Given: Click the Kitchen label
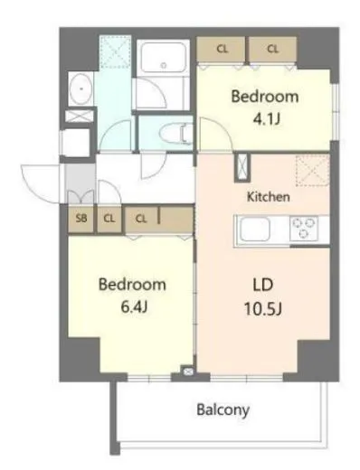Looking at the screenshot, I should click(x=268, y=195).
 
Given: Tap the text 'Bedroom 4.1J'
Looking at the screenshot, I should click(x=265, y=106).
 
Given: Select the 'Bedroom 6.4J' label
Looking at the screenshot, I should click(x=132, y=293).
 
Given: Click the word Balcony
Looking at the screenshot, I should click(x=223, y=409).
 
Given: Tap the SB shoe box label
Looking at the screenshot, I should click(x=81, y=218).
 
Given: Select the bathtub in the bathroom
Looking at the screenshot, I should click(x=163, y=60).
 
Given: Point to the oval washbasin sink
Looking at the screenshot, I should click(x=80, y=90).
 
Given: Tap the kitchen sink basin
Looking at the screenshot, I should click(x=251, y=230).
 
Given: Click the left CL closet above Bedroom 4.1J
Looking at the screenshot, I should click(x=222, y=49).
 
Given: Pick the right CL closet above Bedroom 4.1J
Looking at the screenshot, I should click(x=271, y=49).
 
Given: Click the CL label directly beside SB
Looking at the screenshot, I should click(x=108, y=218).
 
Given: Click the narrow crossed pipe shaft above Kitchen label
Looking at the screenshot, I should click(x=242, y=168).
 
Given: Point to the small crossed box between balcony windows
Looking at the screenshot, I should click(x=188, y=371).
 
